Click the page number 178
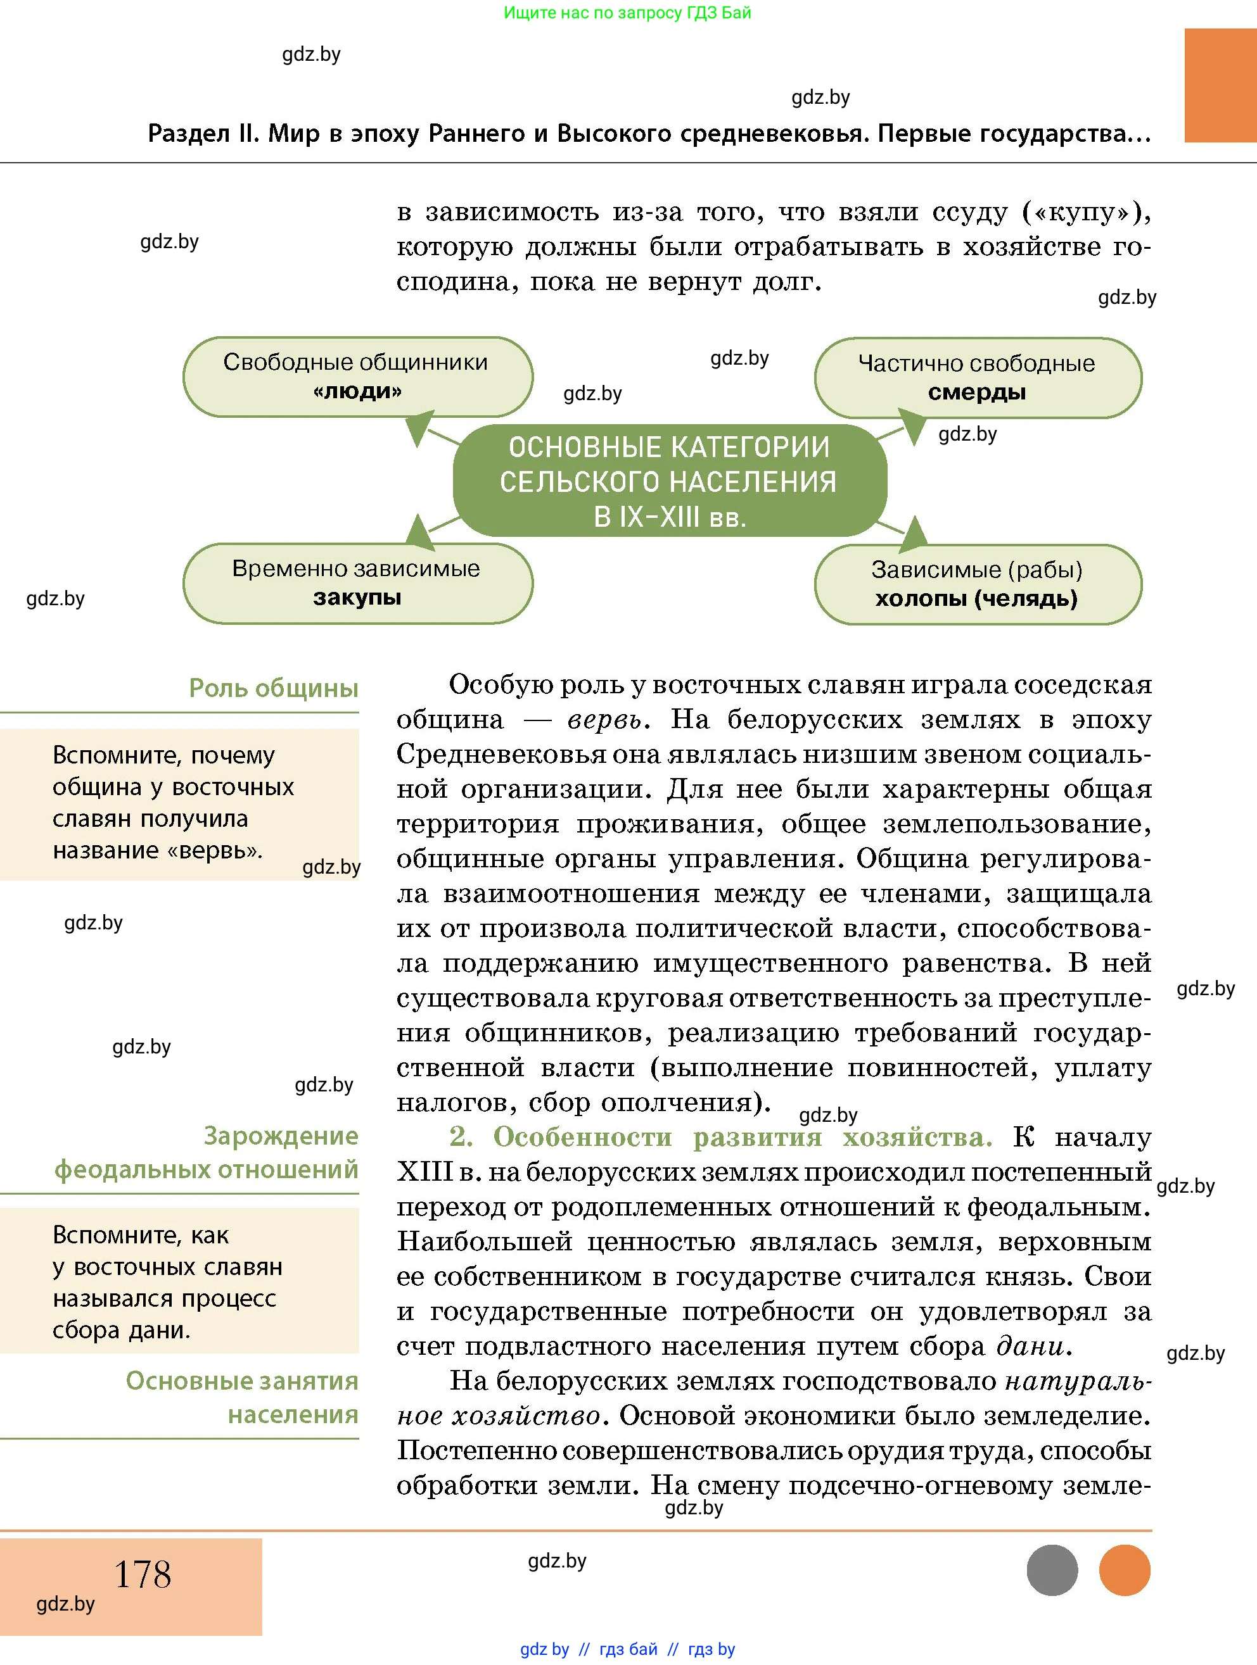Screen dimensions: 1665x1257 pyautogui.click(x=143, y=1574)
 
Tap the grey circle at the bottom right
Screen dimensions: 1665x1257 pyautogui.click(x=1052, y=1570)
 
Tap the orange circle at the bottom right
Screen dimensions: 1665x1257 pyautogui.click(x=1125, y=1570)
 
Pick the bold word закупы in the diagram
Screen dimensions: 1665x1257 pyautogui.click(x=357, y=598)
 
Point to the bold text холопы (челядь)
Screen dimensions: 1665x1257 pyautogui.click(x=976, y=599)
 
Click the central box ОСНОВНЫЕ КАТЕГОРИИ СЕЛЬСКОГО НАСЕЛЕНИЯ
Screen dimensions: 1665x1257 pyautogui.click(x=669, y=481)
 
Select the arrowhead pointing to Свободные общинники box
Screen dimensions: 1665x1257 pyautogui.click(x=419, y=427)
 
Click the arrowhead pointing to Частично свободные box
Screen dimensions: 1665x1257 pyautogui.click(x=912, y=426)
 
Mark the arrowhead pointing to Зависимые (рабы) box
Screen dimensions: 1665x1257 pyautogui.click(x=913, y=532)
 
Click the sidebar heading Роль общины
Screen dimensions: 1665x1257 pyautogui.click(x=274, y=688)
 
